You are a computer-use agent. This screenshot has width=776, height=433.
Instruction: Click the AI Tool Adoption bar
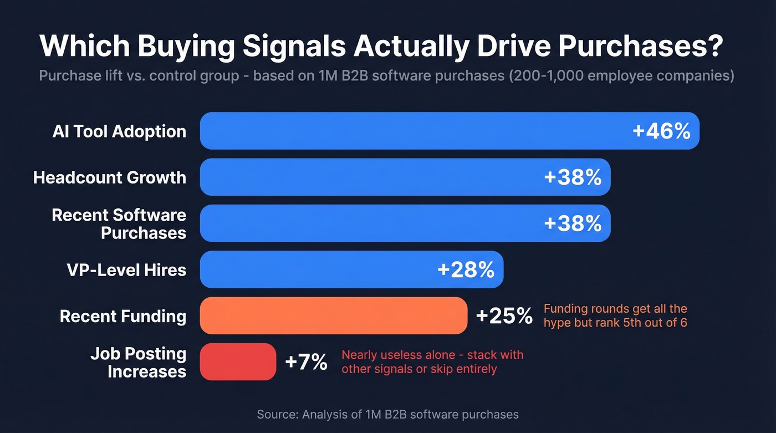pyautogui.click(x=410, y=131)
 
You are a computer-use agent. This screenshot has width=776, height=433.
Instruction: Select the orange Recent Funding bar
pyautogui.click(x=333, y=316)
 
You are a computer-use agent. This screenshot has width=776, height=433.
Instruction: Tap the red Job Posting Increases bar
pyautogui.click(x=238, y=362)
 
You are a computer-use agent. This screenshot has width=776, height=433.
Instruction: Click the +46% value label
pyautogui.click(x=661, y=131)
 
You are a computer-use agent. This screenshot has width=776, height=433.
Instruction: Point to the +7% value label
pyautogui.click(x=306, y=362)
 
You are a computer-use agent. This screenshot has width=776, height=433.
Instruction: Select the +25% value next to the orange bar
pyautogui.click(x=504, y=316)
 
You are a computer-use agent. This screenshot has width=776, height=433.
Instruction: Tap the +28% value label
pyautogui.click(x=466, y=270)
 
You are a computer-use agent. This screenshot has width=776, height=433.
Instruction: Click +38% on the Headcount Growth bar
pyautogui.click(x=573, y=177)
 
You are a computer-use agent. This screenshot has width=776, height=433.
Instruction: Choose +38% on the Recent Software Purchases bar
pyautogui.click(x=573, y=223)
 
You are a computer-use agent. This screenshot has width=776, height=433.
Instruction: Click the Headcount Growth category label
pyautogui.click(x=110, y=177)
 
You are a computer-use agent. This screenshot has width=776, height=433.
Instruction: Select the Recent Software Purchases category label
pyautogui.click(x=119, y=223)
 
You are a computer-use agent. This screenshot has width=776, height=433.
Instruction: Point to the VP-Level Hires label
pyautogui.click(x=126, y=270)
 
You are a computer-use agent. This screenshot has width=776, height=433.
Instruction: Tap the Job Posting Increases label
pyautogui.click(x=139, y=362)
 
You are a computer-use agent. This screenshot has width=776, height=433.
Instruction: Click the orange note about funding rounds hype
pyautogui.click(x=615, y=315)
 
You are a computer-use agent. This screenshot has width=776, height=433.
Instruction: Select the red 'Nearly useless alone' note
pyautogui.click(x=432, y=362)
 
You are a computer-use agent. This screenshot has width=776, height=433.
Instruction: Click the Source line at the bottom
pyautogui.click(x=387, y=414)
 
